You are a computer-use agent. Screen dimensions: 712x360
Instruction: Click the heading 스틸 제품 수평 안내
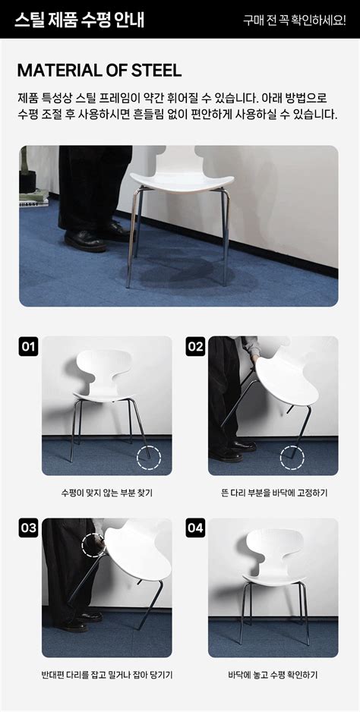pos(79,19)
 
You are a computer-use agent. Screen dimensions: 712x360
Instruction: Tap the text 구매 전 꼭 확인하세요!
pos(294,20)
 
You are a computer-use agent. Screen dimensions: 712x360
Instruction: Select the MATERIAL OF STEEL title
pos(99,71)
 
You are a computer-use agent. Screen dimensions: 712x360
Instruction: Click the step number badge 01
pos(28,348)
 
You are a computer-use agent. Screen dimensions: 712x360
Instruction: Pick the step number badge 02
pos(195,348)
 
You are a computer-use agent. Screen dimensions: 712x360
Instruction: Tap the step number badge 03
pos(28,528)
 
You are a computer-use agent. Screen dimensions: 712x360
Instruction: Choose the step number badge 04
pos(195,528)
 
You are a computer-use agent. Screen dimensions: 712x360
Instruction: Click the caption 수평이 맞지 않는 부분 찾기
pos(107,493)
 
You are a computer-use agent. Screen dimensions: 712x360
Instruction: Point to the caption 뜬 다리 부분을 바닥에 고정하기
pos(273,493)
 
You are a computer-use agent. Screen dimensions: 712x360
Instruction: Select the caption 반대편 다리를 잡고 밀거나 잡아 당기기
pos(107,674)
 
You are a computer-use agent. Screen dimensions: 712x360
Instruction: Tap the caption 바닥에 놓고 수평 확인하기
pos(273,674)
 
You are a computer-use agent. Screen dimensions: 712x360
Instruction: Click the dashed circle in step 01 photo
pos(149,458)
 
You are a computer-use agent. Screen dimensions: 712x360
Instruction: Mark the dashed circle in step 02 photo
pos(291,458)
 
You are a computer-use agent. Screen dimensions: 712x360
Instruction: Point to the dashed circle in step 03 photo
pos(93,544)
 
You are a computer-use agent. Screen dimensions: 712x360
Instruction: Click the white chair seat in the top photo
pos(181,178)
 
